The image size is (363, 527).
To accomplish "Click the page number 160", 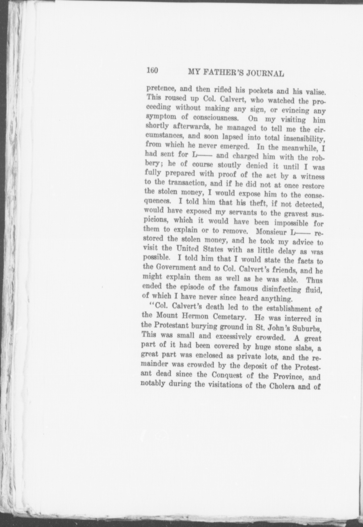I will click(x=152, y=70).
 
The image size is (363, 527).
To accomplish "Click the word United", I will click(x=183, y=248).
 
